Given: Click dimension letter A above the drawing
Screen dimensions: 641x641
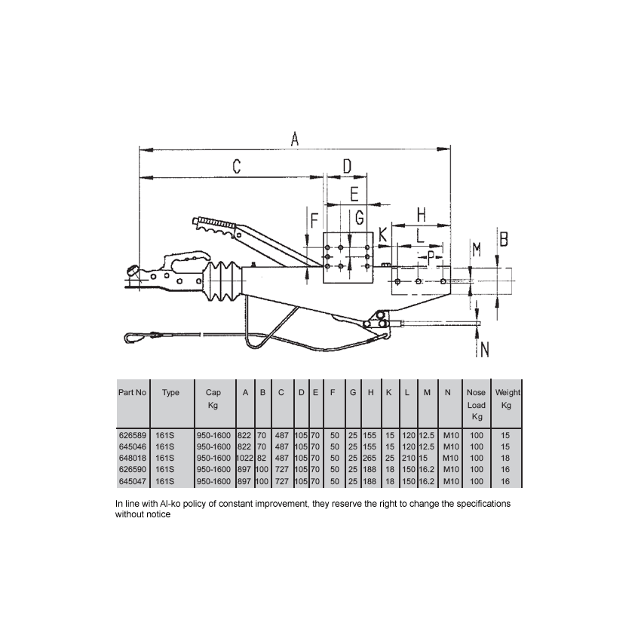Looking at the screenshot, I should click(296, 139).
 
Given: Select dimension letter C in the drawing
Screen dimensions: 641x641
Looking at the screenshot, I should click(235, 167).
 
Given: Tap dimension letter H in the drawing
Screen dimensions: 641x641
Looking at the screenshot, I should click(421, 214).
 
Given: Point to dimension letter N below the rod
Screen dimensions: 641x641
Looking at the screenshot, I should click(484, 349).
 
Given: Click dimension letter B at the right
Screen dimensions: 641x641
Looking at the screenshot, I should click(503, 239).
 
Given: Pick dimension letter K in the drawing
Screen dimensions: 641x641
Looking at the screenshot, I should click(383, 235).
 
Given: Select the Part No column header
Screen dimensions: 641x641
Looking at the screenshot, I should click(132, 393).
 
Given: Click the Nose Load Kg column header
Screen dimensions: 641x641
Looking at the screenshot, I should click(477, 405).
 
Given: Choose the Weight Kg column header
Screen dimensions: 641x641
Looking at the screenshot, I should click(507, 399).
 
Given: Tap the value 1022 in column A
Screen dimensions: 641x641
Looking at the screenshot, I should click(246, 458).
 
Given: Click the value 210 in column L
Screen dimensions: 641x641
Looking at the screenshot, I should click(407, 458).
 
